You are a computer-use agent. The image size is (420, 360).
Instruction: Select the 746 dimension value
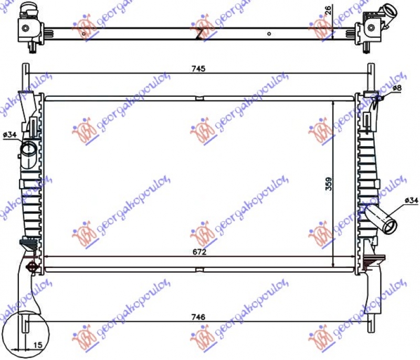coord(198,317)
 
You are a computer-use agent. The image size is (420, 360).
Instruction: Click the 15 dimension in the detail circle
coord(37,345)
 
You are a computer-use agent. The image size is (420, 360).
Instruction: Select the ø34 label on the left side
coord(9,136)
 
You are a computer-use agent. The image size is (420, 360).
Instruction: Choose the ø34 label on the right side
coord(411,200)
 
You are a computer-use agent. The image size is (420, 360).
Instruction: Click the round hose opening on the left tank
coord(27,150)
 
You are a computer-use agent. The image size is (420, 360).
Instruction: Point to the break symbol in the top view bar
coord(199,34)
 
